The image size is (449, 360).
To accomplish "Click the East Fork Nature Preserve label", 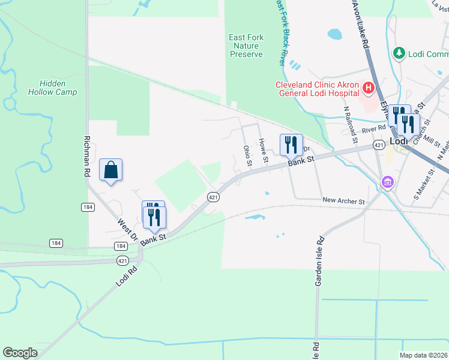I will click(246, 46).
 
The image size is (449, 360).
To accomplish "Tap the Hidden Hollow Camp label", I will click(52, 88).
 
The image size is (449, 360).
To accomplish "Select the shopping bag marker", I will click(111, 170).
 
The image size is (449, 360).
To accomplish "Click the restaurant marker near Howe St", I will click(291, 145).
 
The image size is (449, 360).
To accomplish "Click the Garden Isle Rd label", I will click(320, 260).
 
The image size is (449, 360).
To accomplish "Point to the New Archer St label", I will click(343, 201).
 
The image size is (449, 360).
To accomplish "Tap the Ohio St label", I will click(247, 155).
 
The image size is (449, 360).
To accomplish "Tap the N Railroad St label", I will click(351, 125).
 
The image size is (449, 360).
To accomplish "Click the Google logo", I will click(20, 353).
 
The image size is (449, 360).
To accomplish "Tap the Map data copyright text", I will click(424, 355).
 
